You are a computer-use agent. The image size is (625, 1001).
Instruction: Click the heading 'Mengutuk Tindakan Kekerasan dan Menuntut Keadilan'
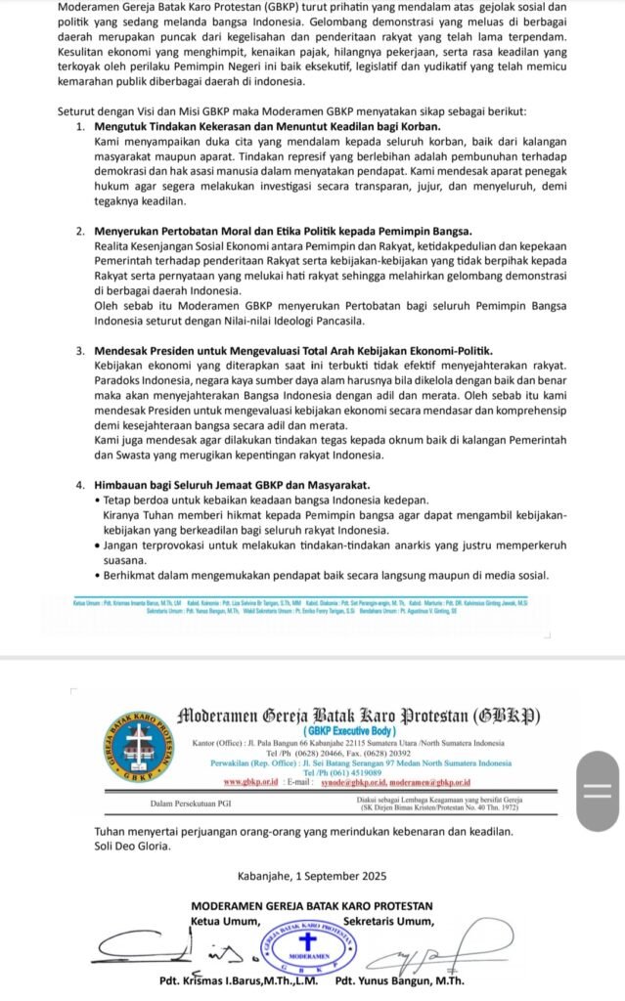(267, 127)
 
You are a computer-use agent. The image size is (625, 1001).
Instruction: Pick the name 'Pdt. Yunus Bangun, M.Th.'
(399, 981)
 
